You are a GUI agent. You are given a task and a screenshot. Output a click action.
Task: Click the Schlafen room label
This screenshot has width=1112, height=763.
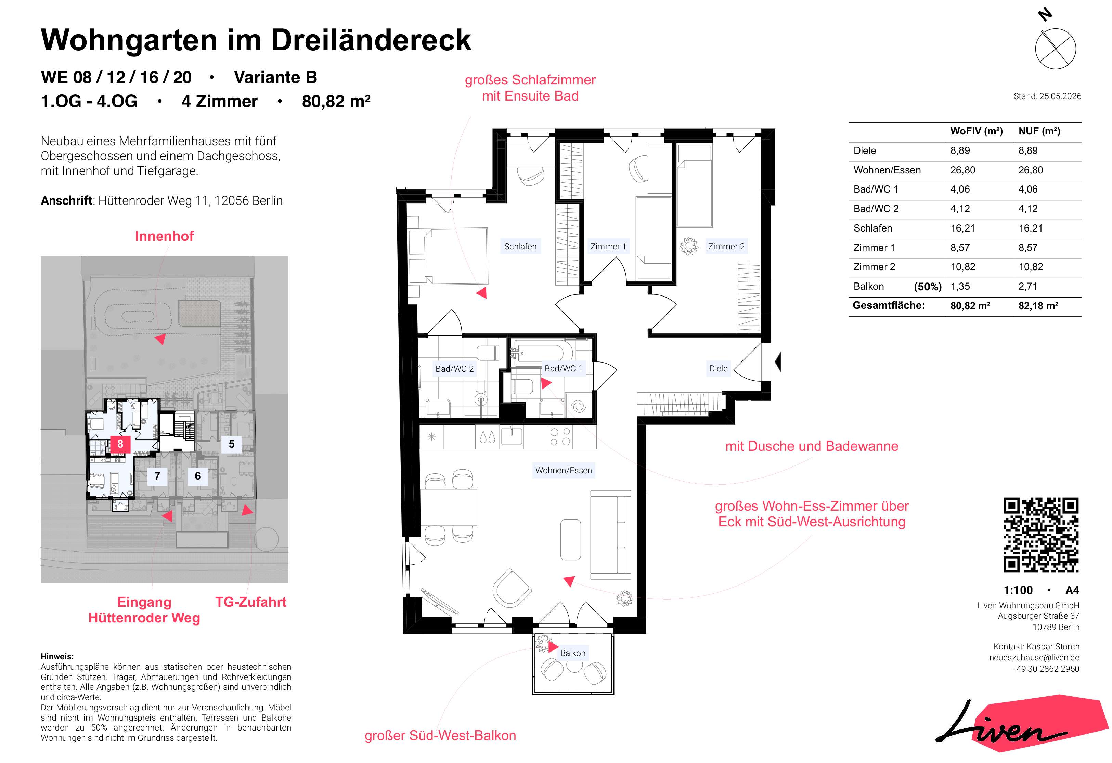pos(520,246)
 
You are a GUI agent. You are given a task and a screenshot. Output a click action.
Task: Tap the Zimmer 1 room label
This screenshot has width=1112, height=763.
pos(608,246)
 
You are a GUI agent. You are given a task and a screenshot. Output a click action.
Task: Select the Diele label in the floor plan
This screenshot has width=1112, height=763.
pos(718,368)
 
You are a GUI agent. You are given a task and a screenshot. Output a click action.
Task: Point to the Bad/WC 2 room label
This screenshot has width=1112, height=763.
pos(454,369)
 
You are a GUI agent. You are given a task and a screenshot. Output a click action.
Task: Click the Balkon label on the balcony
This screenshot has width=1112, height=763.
pos(573,653)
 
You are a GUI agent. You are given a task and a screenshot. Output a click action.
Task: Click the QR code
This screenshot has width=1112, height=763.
pos(1041,535)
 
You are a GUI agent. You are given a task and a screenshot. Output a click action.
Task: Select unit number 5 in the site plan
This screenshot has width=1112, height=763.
pos(232,444)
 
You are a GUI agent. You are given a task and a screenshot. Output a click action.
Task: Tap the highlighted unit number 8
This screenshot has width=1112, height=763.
pos(120,444)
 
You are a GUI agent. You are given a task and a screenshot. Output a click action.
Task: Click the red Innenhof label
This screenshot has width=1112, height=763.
pos(164,236)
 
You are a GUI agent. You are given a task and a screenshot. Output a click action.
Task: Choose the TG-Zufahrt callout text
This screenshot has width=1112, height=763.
pos(251,602)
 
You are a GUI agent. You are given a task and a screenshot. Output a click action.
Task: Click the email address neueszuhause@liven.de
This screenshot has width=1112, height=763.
pos(1034,658)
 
